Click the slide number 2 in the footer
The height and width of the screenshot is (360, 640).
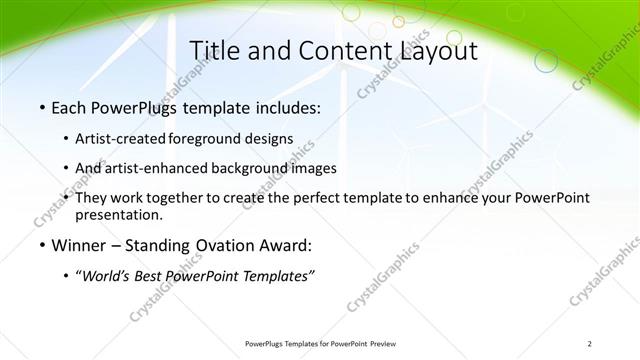(589, 344)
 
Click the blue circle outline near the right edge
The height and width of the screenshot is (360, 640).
(546, 62)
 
